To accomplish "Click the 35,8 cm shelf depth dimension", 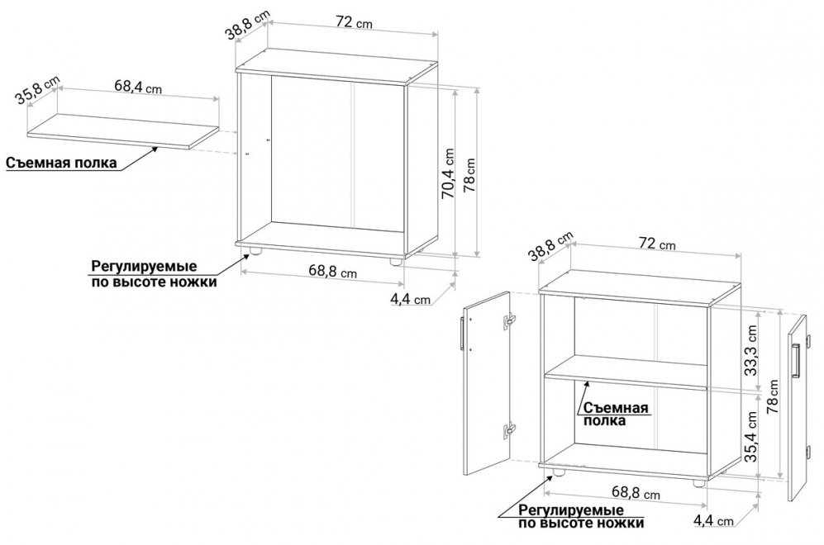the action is (37, 90).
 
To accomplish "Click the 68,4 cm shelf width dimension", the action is (138, 87).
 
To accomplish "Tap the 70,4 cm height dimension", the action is (448, 173).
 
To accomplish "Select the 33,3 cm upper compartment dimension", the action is (751, 350).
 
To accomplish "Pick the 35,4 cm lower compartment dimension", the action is (751, 436).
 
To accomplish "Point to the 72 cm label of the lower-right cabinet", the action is (657, 244).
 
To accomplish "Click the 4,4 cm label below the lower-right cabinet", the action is (713, 520).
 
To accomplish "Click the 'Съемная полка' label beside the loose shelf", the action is (61, 163).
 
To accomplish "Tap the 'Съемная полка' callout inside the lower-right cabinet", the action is (615, 415).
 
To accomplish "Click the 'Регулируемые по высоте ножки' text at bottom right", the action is (581, 517).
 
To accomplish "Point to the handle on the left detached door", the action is (462, 334).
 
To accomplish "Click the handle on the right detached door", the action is (796, 361).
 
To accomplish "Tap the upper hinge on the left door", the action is (509, 320).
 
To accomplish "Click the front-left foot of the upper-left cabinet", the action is (255, 252).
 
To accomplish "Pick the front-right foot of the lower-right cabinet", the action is (699, 482).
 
